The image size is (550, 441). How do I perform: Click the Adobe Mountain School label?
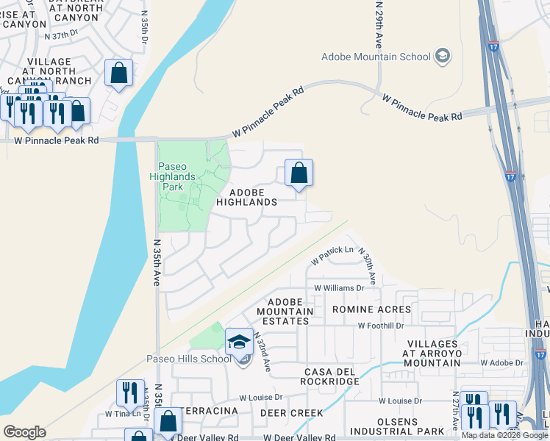click(x=376, y=57)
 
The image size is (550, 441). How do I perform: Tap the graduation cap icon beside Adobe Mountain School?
click(x=443, y=56)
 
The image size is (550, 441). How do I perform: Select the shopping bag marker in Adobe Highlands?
click(x=299, y=174)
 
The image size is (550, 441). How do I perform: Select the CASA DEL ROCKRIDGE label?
click(x=330, y=376)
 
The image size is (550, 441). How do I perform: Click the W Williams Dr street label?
click(x=339, y=288)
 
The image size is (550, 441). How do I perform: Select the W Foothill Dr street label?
click(x=381, y=325)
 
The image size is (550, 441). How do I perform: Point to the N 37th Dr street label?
click(x=61, y=35)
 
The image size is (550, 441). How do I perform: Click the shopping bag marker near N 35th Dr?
click(x=118, y=73)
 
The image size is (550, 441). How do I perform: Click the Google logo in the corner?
click(x=24, y=431)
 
